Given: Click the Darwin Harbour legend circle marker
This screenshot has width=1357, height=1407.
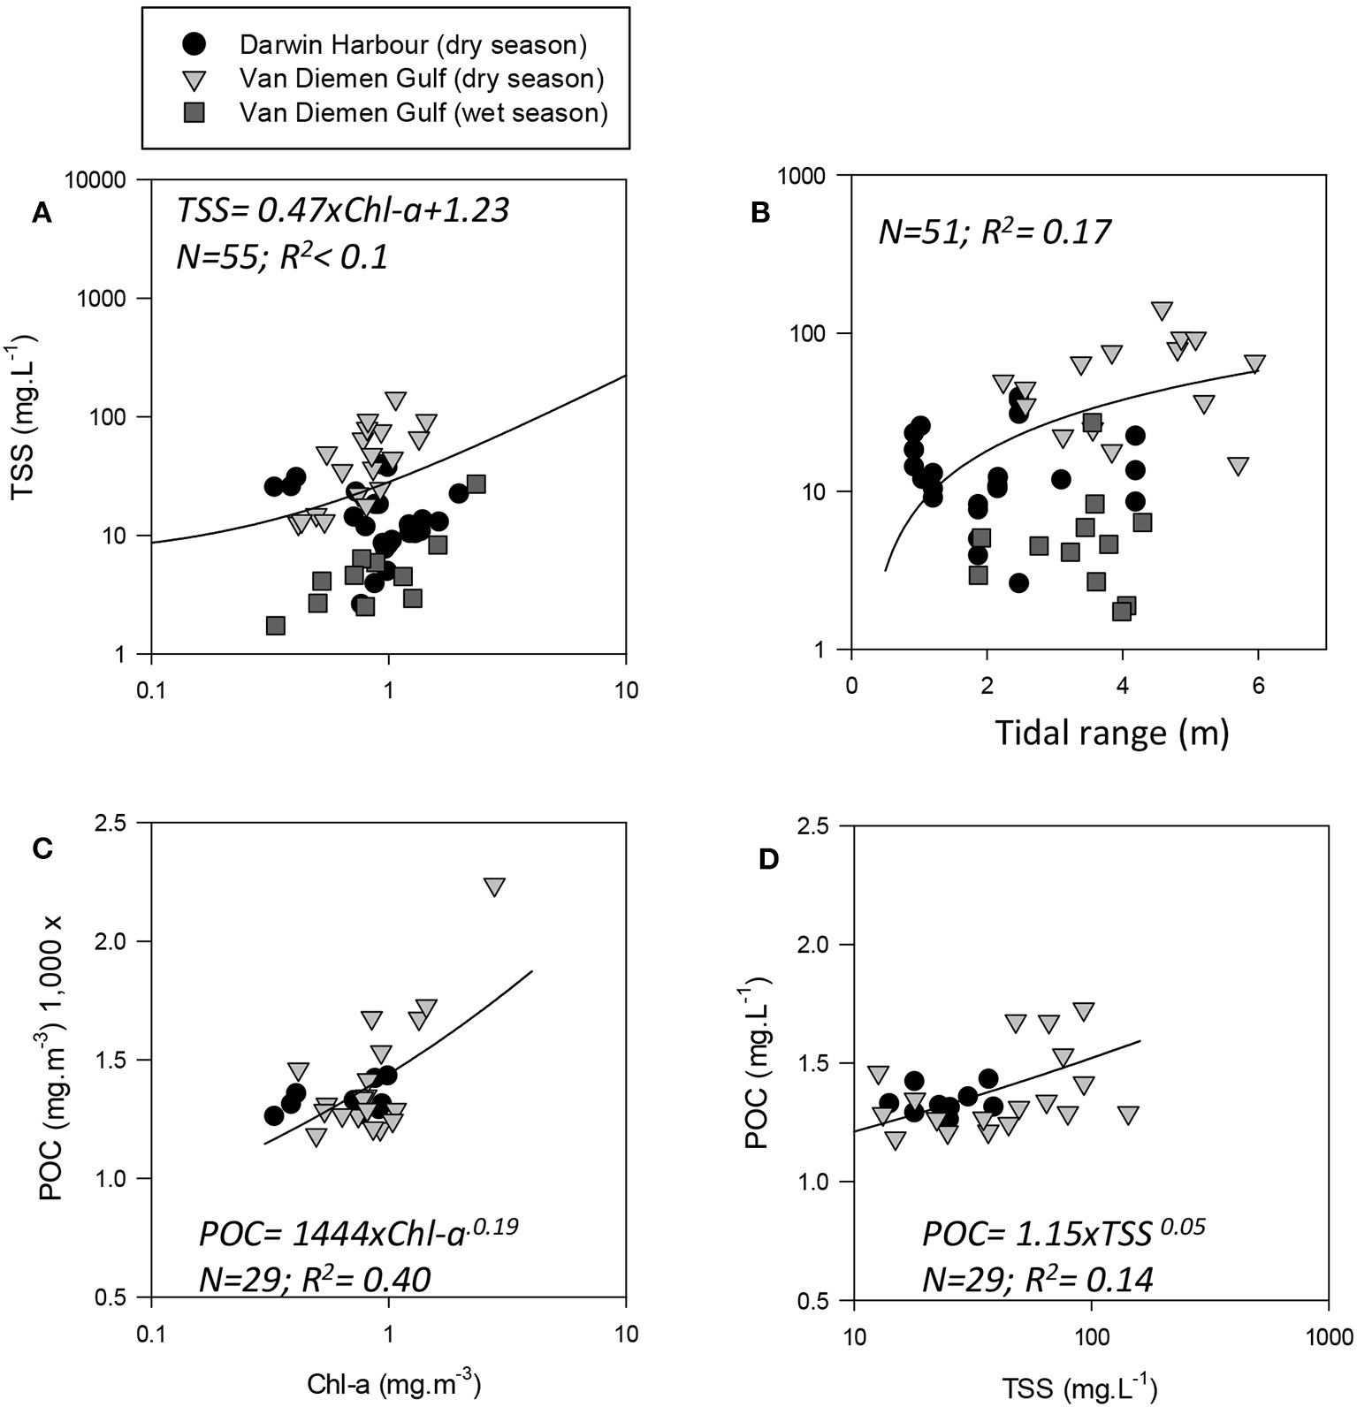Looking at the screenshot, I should (x=194, y=43).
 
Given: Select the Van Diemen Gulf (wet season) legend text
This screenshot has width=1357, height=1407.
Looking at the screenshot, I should (x=423, y=113).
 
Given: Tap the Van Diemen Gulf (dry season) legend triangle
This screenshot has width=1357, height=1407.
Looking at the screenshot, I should (x=194, y=80).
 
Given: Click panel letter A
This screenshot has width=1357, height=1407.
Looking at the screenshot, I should (x=41, y=213).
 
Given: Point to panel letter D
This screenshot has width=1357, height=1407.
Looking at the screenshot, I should (x=769, y=859).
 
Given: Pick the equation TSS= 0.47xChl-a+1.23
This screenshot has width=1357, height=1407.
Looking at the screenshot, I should (x=343, y=210).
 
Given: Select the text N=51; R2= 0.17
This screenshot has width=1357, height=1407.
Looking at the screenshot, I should (x=994, y=232).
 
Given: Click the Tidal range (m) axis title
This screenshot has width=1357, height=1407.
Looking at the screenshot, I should (x=1111, y=733).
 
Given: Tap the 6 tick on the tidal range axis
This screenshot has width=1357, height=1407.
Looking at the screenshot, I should (x=1258, y=685).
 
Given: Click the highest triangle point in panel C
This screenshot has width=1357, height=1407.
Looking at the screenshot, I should (x=494, y=887).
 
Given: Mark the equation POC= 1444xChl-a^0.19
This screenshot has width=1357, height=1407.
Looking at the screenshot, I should (x=359, y=1233).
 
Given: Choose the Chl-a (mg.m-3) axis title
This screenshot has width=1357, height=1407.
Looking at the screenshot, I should (x=393, y=1383).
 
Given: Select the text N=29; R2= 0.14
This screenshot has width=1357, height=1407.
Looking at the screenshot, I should (x=1038, y=1280).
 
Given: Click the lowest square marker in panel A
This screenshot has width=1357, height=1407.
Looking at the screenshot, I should (x=276, y=626).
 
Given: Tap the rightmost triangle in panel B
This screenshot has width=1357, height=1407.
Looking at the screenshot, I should (x=1254, y=364).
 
